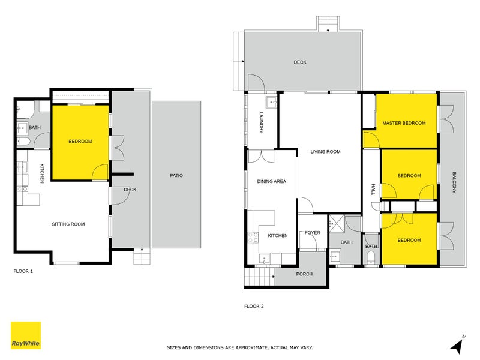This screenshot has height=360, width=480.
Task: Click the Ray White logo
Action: (x=26, y=335)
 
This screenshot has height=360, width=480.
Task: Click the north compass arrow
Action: (x=458, y=344)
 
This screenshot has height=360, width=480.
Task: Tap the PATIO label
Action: (x=176, y=176)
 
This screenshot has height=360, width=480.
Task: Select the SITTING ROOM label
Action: (x=68, y=224)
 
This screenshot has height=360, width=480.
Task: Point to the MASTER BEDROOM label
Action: (x=404, y=123)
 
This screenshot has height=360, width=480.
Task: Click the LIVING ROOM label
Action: (x=325, y=152)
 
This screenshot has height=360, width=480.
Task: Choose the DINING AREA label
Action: (x=271, y=181)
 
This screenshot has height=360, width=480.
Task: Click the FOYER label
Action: (x=313, y=233)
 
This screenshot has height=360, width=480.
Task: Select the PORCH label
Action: (x=304, y=274)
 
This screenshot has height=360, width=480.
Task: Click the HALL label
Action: (x=372, y=190)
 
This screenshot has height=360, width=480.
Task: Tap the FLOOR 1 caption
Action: (x=23, y=271)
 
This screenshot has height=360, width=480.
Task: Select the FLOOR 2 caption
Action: (x=254, y=306)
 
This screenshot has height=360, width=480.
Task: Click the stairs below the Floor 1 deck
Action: (x=140, y=257)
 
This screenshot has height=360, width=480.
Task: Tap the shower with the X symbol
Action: (x=337, y=224)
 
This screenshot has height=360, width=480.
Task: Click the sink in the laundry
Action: (x=271, y=102)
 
